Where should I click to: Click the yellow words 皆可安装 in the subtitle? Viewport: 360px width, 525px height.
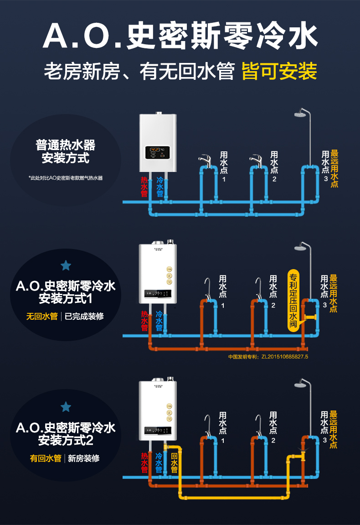tap(279, 71)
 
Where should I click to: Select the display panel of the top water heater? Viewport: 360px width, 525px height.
tap(158, 152)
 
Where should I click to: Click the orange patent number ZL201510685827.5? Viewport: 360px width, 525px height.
tap(268, 357)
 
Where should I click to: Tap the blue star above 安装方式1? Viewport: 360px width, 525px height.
tap(66, 265)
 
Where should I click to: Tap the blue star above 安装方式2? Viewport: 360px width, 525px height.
tap(66, 406)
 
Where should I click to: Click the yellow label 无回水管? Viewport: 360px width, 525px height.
tap(42, 316)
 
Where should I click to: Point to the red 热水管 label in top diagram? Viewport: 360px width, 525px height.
tap(144, 187)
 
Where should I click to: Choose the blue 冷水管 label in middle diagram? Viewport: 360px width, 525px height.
tap(159, 321)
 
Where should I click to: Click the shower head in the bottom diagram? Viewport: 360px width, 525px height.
tap(301, 384)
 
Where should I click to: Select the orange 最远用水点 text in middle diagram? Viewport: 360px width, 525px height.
tap(334, 293)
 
